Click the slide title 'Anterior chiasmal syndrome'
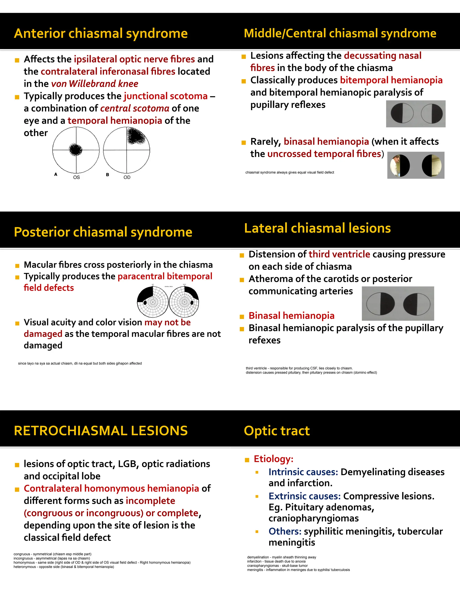(x=101, y=34)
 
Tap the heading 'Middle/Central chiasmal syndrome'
(x=340, y=33)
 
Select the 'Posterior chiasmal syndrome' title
(x=103, y=232)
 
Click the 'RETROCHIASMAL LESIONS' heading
(x=101, y=431)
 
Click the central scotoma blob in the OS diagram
(x=75, y=149)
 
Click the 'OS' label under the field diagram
(x=76, y=177)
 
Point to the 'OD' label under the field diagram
(x=127, y=177)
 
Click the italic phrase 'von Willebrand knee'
(x=95, y=84)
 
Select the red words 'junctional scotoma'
(x=166, y=96)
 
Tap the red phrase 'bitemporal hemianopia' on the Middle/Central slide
(x=391, y=80)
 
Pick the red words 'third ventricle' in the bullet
(x=339, y=254)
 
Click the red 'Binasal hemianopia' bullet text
(x=291, y=316)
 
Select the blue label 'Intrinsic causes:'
(x=303, y=472)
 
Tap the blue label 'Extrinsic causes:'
(x=304, y=496)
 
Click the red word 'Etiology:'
(x=273, y=459)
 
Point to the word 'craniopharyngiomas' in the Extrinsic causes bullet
(x=313, y=518)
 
